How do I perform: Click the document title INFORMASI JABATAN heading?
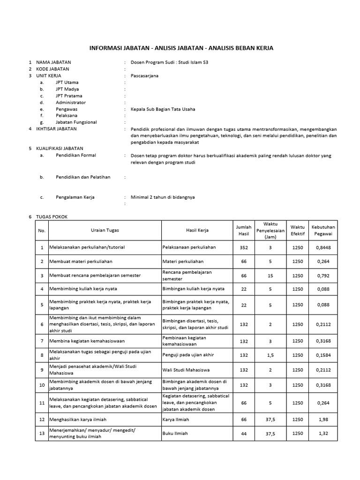click(181, 48)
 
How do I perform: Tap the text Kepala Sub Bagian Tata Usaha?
click(163, 109)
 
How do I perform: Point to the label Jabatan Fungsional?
click(76, 122)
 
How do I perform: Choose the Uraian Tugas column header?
click(105, 230)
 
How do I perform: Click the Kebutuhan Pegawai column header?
click(323, 230)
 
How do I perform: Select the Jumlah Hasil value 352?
click(244, 247)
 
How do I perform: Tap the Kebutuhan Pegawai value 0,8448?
click(323, 247)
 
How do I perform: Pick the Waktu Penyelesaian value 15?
click(270, 276)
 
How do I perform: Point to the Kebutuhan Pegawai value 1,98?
click(323, 419)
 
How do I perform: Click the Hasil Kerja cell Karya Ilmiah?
click(176, 419)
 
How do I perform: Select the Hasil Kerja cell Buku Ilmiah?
click(175, 434)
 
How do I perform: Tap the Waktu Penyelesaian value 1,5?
click(270, 355)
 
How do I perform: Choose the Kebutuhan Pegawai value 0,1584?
click(323, 355)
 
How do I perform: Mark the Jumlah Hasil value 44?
click(244, 434)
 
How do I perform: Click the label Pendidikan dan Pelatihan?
click(83, 177)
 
